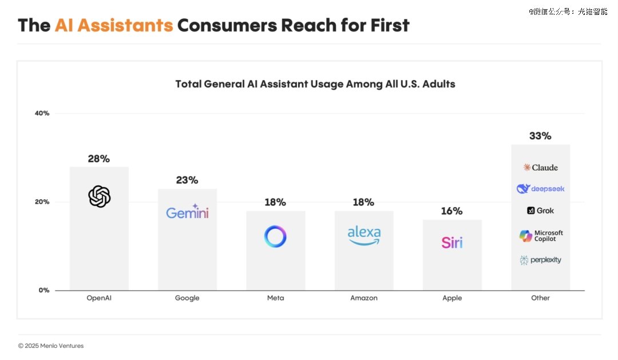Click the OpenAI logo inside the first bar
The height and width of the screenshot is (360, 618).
click(x=99, y=197)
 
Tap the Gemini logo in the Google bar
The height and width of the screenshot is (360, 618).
click(x=187, y=212)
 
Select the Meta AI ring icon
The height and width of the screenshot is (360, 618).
click(x=275, y=236)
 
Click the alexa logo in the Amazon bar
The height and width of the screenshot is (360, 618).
click(x=364, y=235)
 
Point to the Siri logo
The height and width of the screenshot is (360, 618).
click(x=452, y=242)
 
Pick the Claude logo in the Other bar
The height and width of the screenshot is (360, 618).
click(x=540, y=167)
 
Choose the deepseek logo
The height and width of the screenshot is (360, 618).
click(x=540, y=189)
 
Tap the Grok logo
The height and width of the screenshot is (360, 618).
click(x=540, y=211)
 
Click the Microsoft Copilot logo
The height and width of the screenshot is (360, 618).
click(x=541, y=236)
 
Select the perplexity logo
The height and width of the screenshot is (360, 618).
click(x=540, y=260)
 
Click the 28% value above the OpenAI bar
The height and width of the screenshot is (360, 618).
click(x=99, y=159)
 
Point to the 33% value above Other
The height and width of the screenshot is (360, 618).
click(x=540, y=136)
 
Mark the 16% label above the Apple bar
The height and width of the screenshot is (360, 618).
click(x=452, y=211)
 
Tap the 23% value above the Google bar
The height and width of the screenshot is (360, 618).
click(x=187, y=180)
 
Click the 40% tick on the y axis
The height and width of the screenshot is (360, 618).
click(x=42, y=113)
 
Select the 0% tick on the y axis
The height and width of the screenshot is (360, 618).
click(x=44, y=290)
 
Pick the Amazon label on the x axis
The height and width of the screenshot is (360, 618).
click(x=364, y=298)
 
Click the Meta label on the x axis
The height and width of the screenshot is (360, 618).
click(x=275, y=298)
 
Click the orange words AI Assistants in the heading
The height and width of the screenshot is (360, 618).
click(x=114, y=25)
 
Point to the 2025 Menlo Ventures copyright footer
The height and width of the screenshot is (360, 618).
click(x=51, y=346)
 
